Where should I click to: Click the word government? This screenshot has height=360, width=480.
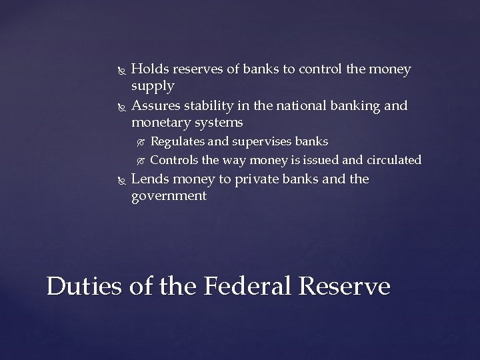pos(169,197)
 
